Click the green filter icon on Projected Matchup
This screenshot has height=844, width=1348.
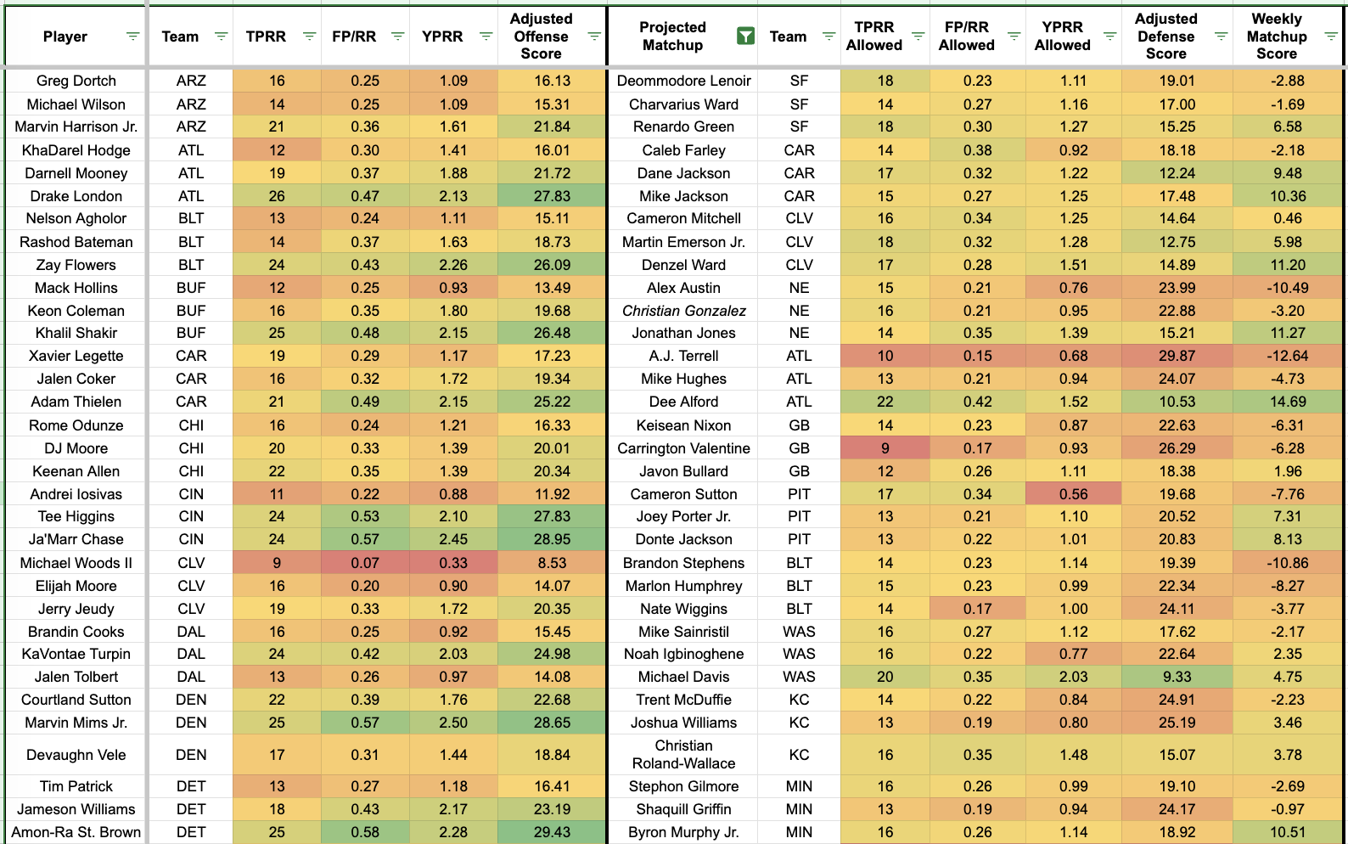[x=745, y=37]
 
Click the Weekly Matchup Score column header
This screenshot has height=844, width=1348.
[x=1276, y=37]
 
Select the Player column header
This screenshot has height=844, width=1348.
[x=65, y=37]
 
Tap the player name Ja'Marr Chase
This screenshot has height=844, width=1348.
[x=76, y=539]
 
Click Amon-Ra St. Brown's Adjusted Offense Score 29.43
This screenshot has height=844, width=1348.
[x=552, y=832]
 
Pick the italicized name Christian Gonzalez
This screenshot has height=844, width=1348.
[x=683, y=311]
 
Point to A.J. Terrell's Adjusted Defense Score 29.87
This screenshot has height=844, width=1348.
[x=1177, y=356]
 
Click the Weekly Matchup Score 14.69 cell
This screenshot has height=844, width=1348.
[x=1287, y=402]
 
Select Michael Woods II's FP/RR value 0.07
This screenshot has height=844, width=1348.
[x=365, y=563]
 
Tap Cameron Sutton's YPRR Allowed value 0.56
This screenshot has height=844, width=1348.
[x=1073, y=494]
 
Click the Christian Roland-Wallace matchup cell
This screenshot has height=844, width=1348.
[x=683, y=755]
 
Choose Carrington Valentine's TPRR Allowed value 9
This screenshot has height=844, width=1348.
[x=885, y=448]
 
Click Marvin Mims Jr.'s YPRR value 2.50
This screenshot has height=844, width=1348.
[x=453, y=723]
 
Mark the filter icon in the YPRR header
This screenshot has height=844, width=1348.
[x=486, y=37]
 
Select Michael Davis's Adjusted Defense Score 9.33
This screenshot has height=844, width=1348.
[x=1177, y=677]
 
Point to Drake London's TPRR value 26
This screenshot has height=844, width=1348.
[x=277, y=196]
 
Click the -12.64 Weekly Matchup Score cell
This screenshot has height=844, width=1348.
[x=1287, y=356]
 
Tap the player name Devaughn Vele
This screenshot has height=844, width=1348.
[x=76, y=755]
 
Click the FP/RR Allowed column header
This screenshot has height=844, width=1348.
[x=966, y=37]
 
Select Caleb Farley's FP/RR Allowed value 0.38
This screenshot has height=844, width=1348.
[x=977, y=150]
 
